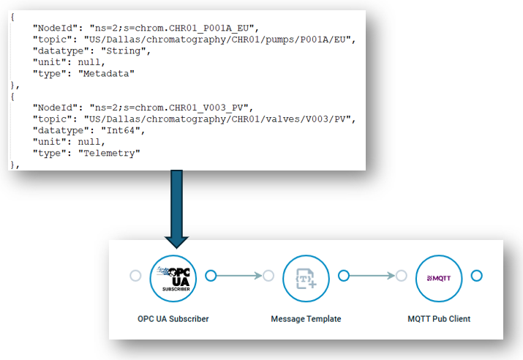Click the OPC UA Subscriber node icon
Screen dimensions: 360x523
tap(173, 276)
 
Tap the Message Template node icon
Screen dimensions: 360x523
tap(305, 276)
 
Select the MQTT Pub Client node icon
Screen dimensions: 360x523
tap(438, 276)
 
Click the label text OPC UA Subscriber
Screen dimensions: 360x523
tap(173, 319)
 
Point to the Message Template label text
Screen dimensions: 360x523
tap(306, 319)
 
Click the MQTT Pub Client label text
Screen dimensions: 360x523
tap(439, 319)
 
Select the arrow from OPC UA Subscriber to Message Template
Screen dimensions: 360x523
tap(239, 276)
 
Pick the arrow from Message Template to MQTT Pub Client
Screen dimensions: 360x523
tap(372, 276)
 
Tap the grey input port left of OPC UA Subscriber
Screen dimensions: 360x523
tap(135, 276)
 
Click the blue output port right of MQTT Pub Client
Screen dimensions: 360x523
tap(476, 276)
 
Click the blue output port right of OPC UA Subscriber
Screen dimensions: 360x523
tap(211, 276)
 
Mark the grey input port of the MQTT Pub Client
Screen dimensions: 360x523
tap(401, 276)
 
